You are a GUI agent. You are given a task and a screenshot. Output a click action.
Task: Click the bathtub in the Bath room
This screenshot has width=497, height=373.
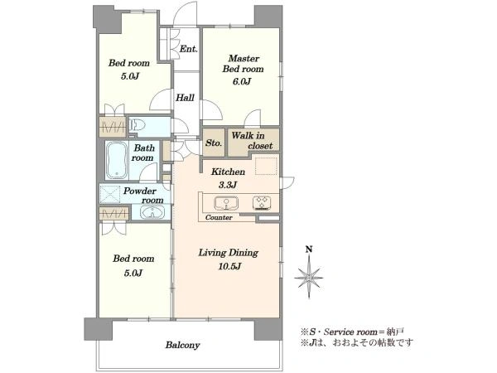(117, 161)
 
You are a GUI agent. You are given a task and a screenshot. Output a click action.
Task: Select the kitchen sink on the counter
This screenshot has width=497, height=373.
(226, 203)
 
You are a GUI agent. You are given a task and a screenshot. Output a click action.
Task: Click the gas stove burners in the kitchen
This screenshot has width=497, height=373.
(262, 203)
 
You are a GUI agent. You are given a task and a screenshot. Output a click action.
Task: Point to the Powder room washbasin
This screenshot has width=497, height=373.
(152, 212)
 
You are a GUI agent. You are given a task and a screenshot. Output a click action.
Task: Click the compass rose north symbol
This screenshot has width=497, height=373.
(309, 278)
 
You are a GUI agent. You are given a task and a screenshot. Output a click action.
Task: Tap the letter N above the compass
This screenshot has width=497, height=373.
(309, 249)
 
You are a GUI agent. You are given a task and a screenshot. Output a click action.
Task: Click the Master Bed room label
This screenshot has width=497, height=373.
(243, 64)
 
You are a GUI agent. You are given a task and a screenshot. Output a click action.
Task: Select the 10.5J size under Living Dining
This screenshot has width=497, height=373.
(229, 266)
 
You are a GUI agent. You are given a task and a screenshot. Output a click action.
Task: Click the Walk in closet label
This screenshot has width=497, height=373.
(253, 141)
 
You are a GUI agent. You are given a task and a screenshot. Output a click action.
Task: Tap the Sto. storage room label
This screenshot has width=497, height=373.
(214, 143)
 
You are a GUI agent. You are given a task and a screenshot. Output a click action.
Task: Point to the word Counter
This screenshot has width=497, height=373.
(219, 217)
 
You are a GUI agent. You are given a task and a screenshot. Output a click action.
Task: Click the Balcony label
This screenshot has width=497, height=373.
(182, 346)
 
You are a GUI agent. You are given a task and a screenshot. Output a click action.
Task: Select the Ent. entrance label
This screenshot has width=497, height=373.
(189, 49)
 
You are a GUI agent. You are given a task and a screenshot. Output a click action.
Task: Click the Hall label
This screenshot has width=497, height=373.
(185, 98)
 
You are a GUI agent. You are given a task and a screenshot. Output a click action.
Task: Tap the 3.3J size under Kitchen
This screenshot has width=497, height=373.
(228, 185)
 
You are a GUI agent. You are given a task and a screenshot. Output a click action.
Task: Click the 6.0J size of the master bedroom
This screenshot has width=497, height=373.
(242, 82)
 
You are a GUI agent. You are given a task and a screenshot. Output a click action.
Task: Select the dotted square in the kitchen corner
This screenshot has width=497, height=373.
(267, 166)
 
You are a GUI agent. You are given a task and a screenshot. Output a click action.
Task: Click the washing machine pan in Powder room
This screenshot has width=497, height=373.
(109, 194)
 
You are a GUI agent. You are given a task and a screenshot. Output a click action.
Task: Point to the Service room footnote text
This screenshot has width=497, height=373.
(352, 332)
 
